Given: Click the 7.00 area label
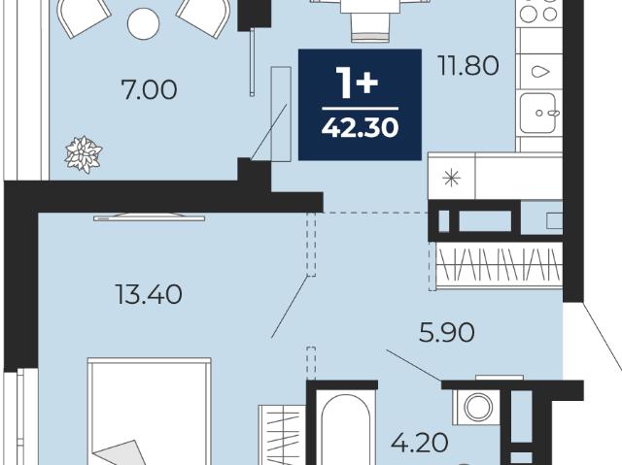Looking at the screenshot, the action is pos(149,90).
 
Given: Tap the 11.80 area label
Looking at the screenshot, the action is pos(468,65).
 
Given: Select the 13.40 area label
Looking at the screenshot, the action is pos(149,294).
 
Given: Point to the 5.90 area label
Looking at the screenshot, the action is pos(447,332).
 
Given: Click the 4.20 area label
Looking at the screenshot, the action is pos(420,443).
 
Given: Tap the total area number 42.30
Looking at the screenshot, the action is pos(360,128).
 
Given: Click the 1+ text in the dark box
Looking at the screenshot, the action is pos(357,82).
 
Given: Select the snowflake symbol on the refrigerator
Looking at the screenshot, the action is pos(451,179).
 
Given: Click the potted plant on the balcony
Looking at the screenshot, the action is pos(84,154).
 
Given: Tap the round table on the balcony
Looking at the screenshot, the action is pos(143,23).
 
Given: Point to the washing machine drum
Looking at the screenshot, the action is pos(478,407).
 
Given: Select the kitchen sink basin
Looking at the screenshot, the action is pos(537,113).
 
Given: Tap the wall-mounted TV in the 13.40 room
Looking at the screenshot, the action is pos(149,217).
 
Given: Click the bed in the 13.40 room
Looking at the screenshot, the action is pos(149,412).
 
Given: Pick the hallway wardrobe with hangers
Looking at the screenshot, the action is pos(499,264).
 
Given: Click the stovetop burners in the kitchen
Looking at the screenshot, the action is pos(539,11).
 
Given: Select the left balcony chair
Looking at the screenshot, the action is pos(85,17).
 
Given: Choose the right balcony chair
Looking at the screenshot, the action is pos(204,17).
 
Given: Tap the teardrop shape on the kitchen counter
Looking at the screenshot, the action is pos(540,72).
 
